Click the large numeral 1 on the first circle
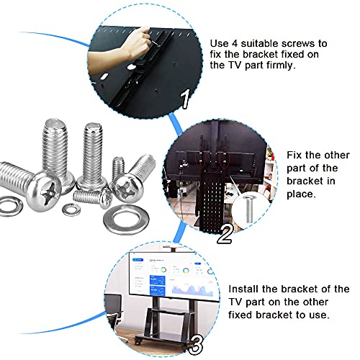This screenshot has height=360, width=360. (185, 99)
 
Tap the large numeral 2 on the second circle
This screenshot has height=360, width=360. (225, 234)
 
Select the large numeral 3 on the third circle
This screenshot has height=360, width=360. (195, 345)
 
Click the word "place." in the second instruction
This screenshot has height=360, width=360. (301, 194)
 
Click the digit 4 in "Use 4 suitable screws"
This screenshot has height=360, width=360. (235, 44)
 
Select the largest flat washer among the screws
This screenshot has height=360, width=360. (126, 220)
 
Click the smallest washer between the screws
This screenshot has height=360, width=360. (71, 210)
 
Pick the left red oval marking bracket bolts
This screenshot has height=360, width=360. (201, 159)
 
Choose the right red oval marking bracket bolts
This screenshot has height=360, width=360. (225, 158)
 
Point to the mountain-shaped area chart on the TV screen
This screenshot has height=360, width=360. (192, 289)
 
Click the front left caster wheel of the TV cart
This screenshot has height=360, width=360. (138, 341)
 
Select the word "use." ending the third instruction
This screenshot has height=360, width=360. (319, 315)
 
